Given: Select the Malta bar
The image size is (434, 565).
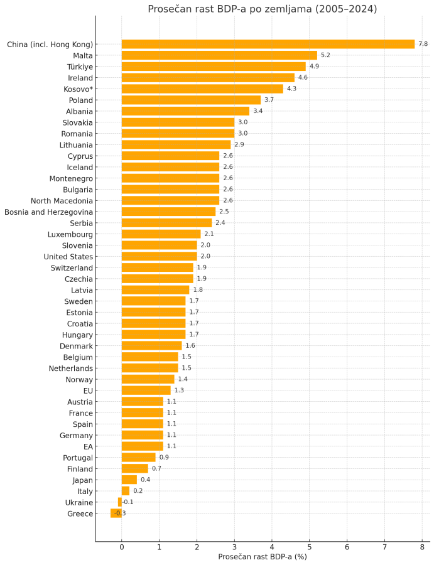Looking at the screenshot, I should (x=219, y=55).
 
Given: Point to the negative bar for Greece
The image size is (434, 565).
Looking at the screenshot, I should (x=116, y=514).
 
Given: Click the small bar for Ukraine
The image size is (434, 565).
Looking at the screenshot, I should (x=119, y=502).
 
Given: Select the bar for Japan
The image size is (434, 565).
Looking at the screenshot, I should (x=129, y=480).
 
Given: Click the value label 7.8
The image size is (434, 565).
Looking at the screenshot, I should (x=423, y=44).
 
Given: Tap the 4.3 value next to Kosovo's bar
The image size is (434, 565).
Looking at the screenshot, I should (x=291, y=89).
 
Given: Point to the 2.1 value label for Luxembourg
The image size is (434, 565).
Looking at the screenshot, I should (x=209, y=234).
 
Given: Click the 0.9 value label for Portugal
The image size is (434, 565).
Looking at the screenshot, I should (x=164, y=457).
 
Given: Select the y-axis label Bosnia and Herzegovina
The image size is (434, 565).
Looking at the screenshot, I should (x=48, y=212).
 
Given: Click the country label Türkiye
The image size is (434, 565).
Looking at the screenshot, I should (x=80, y=67).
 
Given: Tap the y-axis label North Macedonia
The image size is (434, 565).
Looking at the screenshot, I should (x=62, y=200).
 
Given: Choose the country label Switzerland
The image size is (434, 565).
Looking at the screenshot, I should (x=72, y=267).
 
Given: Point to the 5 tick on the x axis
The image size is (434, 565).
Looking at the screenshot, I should (x=309, y=547).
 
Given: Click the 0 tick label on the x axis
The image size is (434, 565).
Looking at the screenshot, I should (x=121, y=547).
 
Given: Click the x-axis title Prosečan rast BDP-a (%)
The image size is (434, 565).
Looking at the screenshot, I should (x=262, y=557).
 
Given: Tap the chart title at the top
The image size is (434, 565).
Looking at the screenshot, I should (x=262, y=9).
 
